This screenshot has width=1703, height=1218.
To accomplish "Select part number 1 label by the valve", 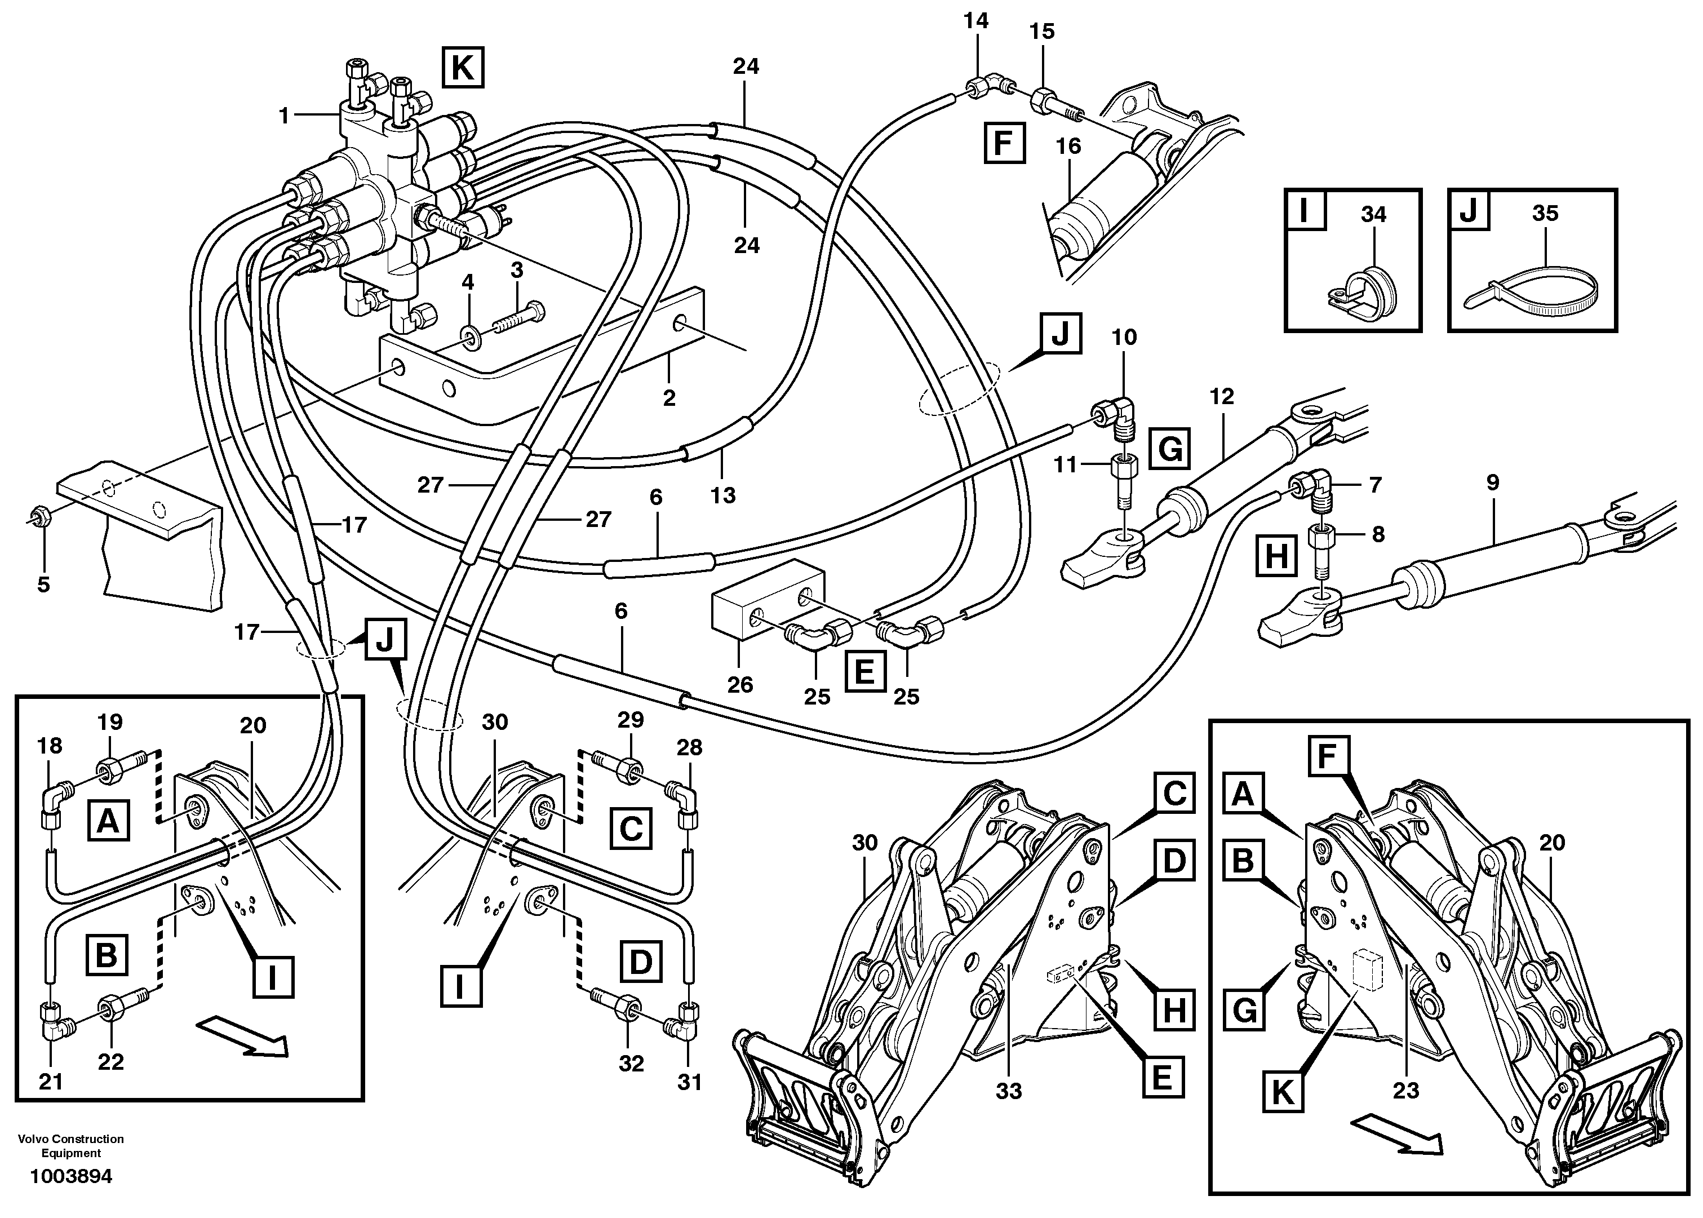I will pos(283,116).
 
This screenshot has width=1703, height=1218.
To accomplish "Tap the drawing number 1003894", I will pos(70,1176).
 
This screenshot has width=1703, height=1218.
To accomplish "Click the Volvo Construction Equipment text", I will pos(70,1145).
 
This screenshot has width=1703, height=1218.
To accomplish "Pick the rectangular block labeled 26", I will pos(766,596).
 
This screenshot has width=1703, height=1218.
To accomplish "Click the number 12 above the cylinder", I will pos(1222,397).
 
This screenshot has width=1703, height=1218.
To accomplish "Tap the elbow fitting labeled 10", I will pos(1117,413).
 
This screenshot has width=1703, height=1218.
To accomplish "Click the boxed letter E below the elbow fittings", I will pos(864,670).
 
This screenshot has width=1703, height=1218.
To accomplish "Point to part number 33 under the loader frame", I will pos(1009,1091).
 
